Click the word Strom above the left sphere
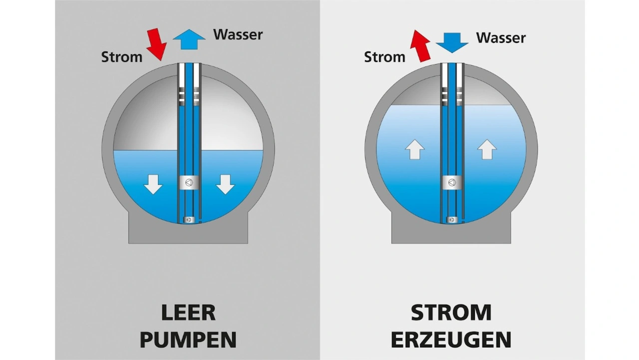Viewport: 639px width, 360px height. [x=122, y=57]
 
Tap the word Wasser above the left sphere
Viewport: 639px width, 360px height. [x=238, y=35]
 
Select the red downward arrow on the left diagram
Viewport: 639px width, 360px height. [x=157, y=44]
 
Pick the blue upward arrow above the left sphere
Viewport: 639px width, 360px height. [x=189, y=39]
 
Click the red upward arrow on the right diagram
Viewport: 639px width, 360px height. [x=420, y=46]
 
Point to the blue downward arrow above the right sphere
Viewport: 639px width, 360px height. [x=452, y=43]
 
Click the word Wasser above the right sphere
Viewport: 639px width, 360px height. [x=501, y=38]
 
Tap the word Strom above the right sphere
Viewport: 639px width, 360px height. [x=384, y=57]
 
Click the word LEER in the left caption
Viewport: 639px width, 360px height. [x=188, y=313]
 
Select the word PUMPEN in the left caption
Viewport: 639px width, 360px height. [x=188, y=340]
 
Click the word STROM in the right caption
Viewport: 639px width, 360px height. [x=451, y=313]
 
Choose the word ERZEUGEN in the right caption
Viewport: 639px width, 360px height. [x=451, y=340]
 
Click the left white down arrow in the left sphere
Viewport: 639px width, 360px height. [x=153, y=185]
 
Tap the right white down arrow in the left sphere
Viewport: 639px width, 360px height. [x=225, y=185]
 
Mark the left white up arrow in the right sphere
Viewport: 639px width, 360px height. [x=415, y=149]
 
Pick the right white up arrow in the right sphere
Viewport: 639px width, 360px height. [x=487, y=149]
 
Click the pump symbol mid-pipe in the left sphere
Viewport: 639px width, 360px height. [x=189, y=183]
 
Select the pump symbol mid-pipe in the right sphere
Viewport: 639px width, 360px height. [x=452, y=183]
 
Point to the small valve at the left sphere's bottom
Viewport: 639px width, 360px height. [x=189, y=220]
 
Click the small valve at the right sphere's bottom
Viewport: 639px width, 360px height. [x=452, y=220]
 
